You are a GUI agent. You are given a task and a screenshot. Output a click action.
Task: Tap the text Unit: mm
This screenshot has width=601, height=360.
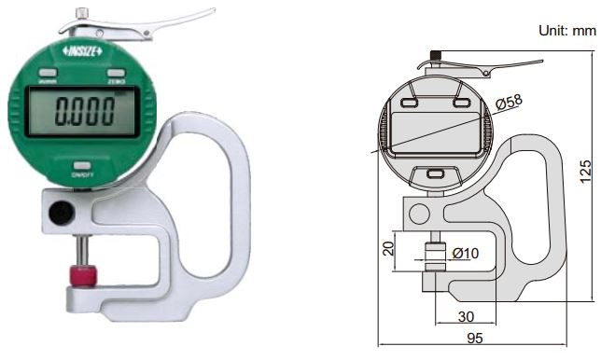pyautogui.click(x=567, y=30)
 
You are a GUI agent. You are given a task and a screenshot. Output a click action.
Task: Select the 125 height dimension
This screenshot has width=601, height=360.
pyautogui.click(x=584, y=172)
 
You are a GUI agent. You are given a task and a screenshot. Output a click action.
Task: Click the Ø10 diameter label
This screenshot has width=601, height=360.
pyautogui.click(x=466, y=253)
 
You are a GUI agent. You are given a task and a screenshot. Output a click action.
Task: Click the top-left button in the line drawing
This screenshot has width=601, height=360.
pyautogui.click(x=411, y=103)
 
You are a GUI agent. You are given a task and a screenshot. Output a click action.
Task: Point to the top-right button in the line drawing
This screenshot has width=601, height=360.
pyautogui.click(x=460, y=103)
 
